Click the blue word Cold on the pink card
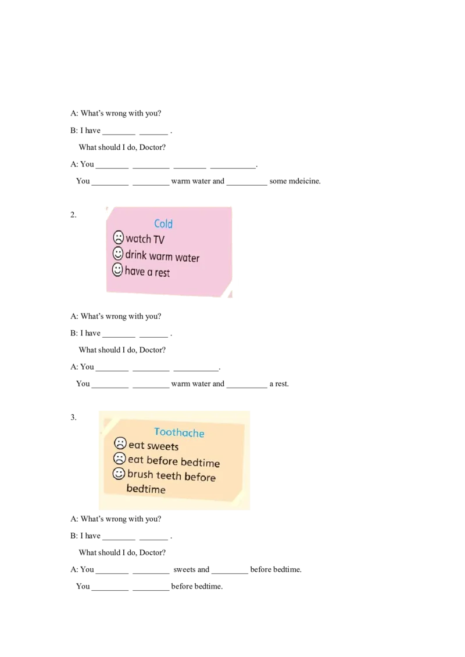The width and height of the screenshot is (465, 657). click(163, 224)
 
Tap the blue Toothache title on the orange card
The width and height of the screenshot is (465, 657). click(179, 432)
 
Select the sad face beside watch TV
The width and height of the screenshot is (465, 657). click(119, 237)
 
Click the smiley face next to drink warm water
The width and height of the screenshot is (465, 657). click(118, 254)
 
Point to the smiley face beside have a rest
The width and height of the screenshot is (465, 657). click(117, 269)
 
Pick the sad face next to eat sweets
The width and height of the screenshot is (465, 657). click(120, 443)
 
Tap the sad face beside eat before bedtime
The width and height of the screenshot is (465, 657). click(120, 458)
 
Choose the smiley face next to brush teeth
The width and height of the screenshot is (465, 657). click(119, 474)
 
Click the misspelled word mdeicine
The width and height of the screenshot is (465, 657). click(305, 181)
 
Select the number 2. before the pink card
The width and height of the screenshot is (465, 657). click(73, 215)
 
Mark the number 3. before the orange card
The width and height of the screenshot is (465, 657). click(73, 417)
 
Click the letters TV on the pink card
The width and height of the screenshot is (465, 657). click(159, 240)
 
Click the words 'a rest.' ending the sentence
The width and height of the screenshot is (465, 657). click(279, 384)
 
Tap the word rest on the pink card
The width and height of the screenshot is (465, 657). click(162, 273)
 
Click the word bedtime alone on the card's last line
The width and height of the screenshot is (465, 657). click(146, 489)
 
